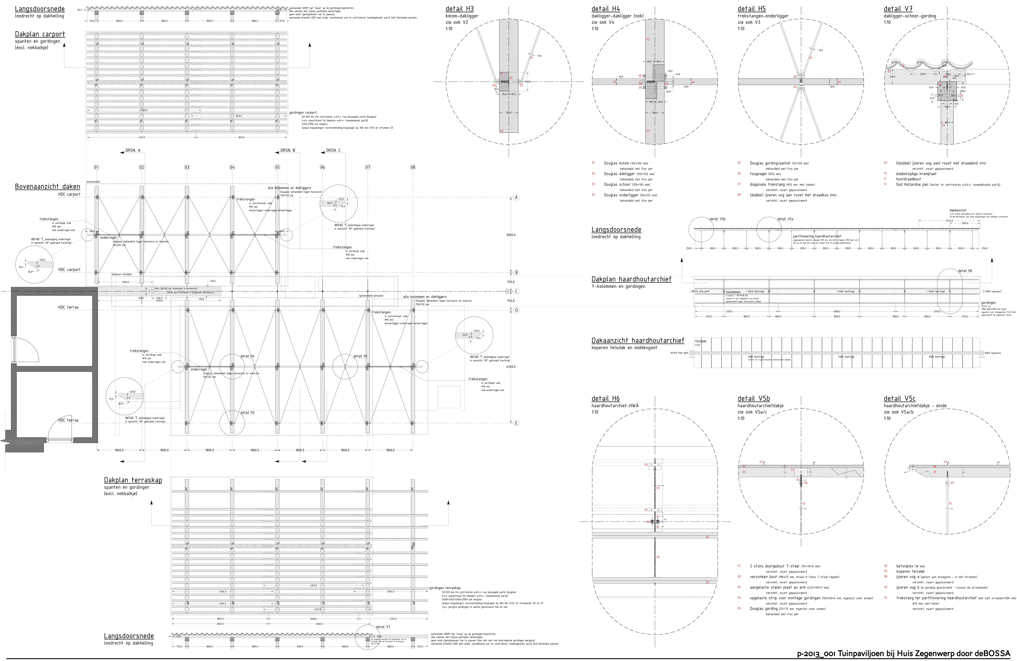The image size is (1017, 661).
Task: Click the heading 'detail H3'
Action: pyautogui.click(x=459, y=9)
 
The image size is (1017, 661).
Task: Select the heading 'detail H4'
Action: pyautogui.click(x=606, y=9)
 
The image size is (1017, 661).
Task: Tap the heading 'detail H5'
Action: pyautogui.click(x=752, y=9)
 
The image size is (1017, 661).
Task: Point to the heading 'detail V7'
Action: pyautogui.click(x=898, y=9)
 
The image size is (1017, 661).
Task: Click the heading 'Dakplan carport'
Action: pyautogui.click(x=40, y=34)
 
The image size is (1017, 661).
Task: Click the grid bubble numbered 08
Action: pyautogui.click(x=413, y=167)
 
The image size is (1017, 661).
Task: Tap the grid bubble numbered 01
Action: pyautogui.click(x=97, y=167)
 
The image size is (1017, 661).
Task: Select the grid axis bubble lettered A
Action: pyautogui.click(x=516, y=197)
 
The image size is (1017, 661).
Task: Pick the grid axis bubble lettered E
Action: pyautogui.click(x=516, y=423)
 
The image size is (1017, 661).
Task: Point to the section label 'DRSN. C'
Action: pyautogui.click(x=333, y=150)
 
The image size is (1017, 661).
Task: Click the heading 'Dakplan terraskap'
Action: pyautogui.click(x=133, y=480)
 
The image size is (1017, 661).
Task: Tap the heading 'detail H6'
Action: pyautogui.click(x=606, y=399)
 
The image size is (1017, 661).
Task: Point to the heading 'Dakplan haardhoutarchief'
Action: pyautogui.click(x=631, y=279)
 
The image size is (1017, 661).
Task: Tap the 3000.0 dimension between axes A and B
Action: pyautogui.click(x=511, y=235)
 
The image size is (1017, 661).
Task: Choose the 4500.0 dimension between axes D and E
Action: pyautogui.click(x=511, y=367)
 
